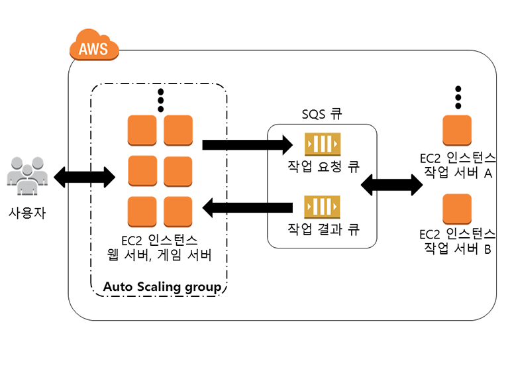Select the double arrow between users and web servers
click(84, 176)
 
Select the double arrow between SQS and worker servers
click(391, 182)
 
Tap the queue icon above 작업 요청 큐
click(322, 144)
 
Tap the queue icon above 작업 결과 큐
click(322, 207)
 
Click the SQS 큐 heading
click(321, 114)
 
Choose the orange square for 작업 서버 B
click(457, 208)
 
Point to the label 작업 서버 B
click(457, 248)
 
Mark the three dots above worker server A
click(457, 97)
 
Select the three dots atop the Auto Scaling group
click(160, 101)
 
